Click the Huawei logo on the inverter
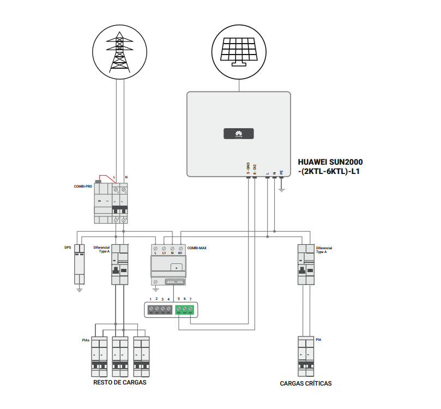pos(238,134)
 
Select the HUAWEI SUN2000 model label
pos(330,166)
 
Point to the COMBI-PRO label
pos(83,187)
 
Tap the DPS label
pos(68,247)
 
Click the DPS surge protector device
pos(80,264)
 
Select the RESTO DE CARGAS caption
pos(120,382)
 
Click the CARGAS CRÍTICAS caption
pos(306,383)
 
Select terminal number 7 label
pos(191,299)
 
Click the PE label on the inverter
pos(281,172)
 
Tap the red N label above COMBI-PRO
pos(126,178)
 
